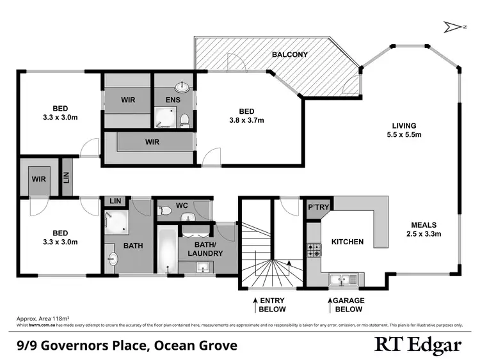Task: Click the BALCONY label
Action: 289,54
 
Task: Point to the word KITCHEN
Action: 347,242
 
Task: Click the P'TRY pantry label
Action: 318,207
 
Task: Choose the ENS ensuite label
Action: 172,100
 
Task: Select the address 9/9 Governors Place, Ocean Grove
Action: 127,346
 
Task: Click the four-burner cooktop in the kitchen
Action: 314,250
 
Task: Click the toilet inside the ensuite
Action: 184,119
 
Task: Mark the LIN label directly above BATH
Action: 116,201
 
